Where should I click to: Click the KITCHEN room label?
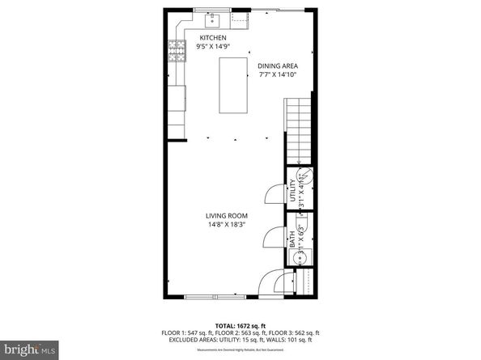pos(213,38)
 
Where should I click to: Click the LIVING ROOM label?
pos(226,215)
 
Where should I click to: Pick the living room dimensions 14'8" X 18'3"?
pos(226,225)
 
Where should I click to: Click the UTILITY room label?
pos(293,193)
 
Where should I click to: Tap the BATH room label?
pos(292,239)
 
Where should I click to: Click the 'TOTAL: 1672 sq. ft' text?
pos(240,324)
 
